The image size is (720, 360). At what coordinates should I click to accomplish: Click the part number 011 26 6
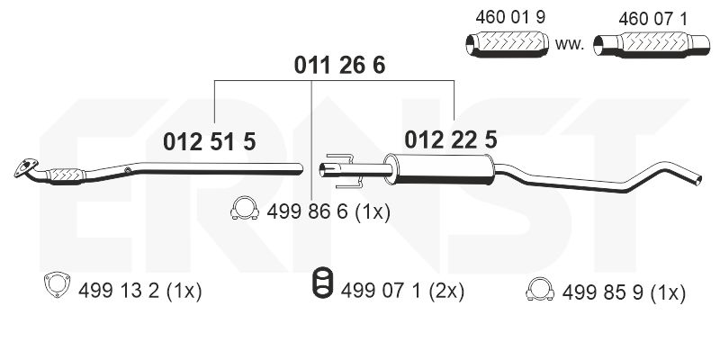[x=339, y=65]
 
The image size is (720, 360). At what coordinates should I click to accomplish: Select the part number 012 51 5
[x=210, y=140]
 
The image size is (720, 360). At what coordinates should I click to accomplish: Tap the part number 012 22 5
[x=451, y=139]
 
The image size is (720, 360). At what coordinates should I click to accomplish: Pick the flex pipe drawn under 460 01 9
[x=507, y=42]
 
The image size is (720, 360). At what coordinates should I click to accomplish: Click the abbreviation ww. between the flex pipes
[x=571, y=42]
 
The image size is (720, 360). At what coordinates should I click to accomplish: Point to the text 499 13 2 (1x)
[x=140, y=292]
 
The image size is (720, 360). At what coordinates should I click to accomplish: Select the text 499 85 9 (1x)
[x=624, y=292]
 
